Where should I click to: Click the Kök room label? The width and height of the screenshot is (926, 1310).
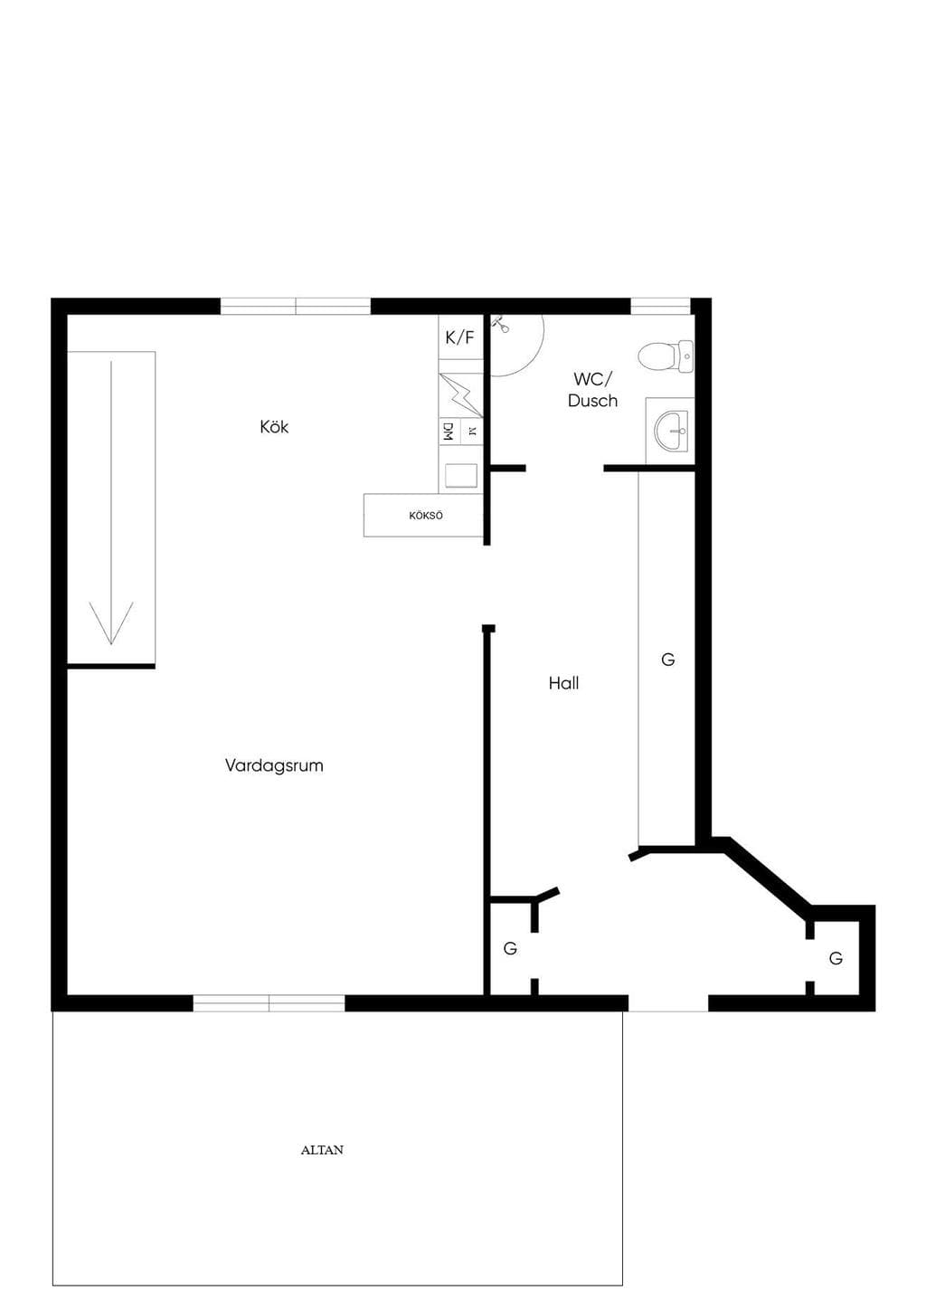(274, 427)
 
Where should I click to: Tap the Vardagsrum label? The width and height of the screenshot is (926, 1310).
(274, 765)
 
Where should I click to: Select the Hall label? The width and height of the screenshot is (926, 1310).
(563, 683)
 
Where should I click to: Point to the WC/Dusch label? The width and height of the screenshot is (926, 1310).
(593, 390)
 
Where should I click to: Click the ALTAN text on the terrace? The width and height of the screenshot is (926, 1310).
(322, 1150)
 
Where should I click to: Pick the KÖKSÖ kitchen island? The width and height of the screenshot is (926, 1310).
(423, 516)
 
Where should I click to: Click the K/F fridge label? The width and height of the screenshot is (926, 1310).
(460, 338)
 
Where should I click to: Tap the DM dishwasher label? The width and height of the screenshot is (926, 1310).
(449, 432)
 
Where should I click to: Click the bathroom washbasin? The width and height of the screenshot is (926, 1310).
(672, 431)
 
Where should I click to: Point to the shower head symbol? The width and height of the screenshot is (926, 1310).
(500, 324)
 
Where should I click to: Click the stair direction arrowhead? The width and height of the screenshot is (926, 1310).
(111, 623)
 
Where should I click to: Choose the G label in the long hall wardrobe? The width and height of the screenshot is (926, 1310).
(667, 660)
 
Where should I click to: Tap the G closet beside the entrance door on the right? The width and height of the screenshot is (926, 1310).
(836, 958)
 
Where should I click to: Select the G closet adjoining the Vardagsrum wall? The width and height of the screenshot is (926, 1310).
(510, 948)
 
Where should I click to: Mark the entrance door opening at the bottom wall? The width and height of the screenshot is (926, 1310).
(668, 1003)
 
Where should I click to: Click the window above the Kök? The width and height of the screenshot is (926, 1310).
(295, 307)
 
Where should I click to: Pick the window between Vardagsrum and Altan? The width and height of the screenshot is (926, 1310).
(269, 1003)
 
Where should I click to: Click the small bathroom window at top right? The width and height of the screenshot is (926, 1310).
(661, 307)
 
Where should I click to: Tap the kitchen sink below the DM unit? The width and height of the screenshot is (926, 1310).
(461, 476)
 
